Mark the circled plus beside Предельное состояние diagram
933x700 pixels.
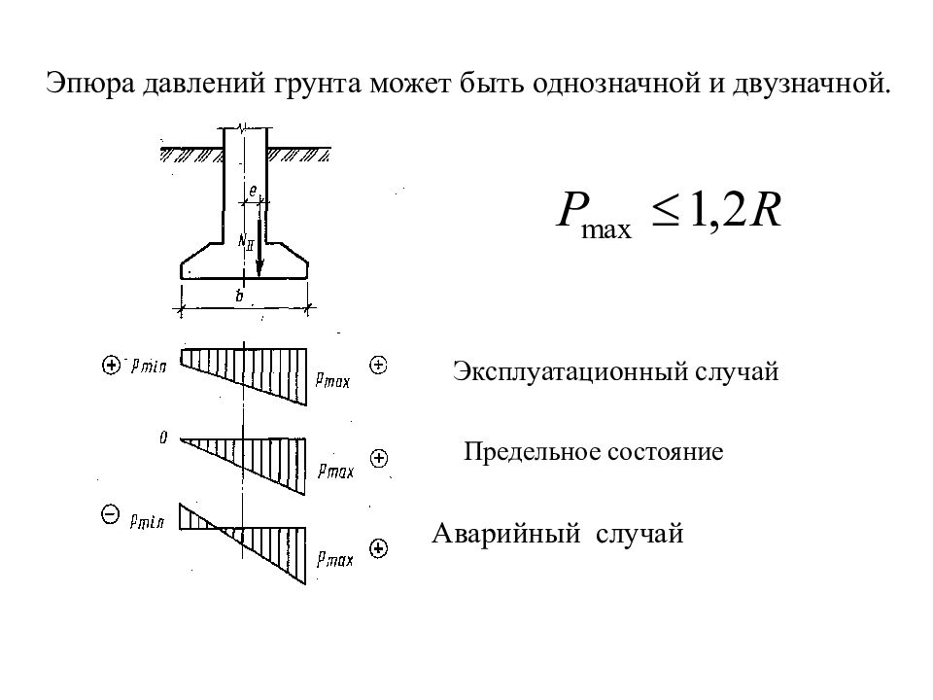tap(379, 457)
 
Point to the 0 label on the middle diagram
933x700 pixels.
tap(163, 438)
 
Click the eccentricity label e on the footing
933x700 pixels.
tap(253, 192)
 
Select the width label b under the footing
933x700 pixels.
tap(240, 297)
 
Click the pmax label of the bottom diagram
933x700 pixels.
tap(334, 558)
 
